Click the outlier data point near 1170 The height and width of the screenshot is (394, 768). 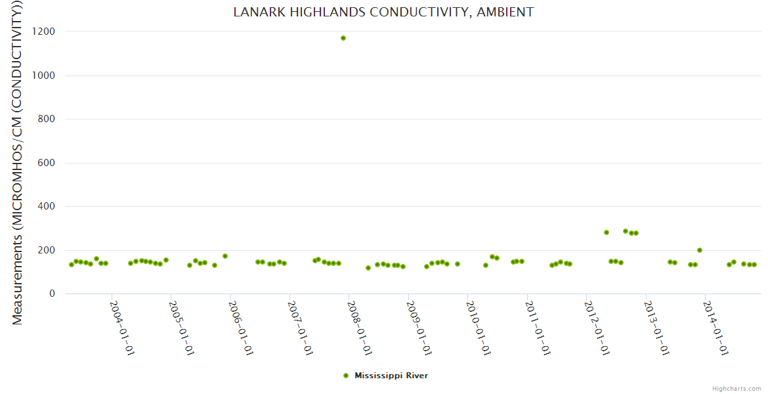point(343,38)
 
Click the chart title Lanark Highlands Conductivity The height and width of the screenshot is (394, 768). point(383,12)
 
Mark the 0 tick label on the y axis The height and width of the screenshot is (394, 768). point(52,294)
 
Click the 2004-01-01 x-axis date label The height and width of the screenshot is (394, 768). point(122,328)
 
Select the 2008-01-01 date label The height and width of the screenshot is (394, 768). point(360,328)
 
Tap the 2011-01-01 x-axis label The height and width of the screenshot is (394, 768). point(538,328)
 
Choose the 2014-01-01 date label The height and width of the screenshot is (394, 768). point(715,328)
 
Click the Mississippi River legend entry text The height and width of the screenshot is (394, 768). point(391,376)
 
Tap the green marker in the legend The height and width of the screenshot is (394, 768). point(346,376)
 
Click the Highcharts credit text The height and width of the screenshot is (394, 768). point(737,389)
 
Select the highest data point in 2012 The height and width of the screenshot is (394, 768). point(626,231)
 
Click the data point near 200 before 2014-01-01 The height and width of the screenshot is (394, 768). point(700,250)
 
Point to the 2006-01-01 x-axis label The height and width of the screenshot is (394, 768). point(241,328)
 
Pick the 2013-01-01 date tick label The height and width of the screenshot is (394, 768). point(656,328)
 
